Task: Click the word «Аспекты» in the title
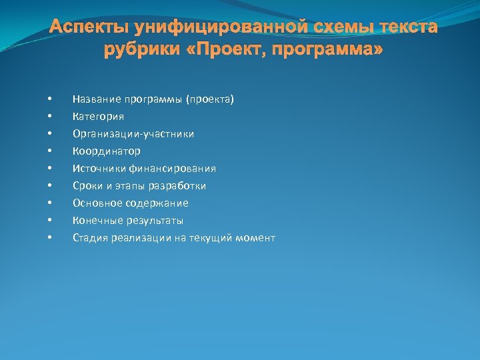89,29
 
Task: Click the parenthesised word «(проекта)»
210,99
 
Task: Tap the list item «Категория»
98,117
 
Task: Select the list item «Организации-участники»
133,134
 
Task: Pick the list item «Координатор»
106,151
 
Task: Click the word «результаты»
155,221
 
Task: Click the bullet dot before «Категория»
49,117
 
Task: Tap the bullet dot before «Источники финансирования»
49,169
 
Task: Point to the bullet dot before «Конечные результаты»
49,221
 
